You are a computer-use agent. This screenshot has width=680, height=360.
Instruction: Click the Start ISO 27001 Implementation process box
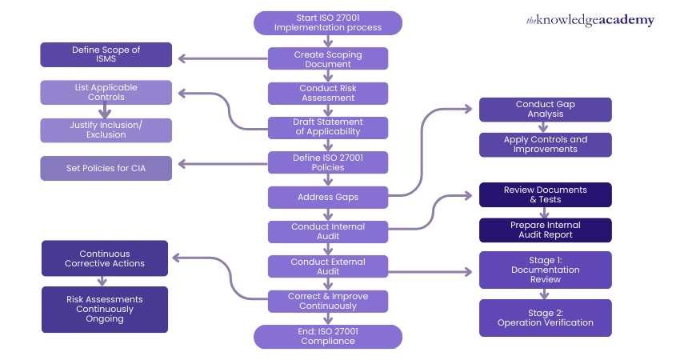click(x=328, y=22)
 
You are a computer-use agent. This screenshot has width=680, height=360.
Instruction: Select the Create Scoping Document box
click(x=328, y=58)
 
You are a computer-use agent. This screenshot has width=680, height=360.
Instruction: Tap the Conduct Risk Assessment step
click(x=328, y=93)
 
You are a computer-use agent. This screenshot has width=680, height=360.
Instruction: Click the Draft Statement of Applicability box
click(x=328, y=127)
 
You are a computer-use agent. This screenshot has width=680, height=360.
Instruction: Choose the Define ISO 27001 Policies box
click(x=328, y=162)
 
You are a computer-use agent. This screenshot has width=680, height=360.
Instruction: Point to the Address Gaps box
click(x=328, y=197)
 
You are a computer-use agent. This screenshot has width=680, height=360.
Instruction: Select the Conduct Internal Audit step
click(x=328, y=231)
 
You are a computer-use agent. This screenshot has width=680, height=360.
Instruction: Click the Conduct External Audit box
click(x=328, y=266)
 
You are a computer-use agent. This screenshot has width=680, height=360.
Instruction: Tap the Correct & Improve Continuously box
click(x=328, y=301)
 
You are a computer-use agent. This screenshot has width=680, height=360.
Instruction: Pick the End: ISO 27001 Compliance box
click(x=328, y=337)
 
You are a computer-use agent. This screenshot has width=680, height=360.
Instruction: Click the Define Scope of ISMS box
click(x=106, y=54)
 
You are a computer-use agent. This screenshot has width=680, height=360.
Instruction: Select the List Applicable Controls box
click(x=106, y=92)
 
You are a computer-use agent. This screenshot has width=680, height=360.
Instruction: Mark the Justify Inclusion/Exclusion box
click(x=106, y=130)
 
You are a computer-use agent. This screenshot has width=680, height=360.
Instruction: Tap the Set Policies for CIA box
click(x=106, y=168)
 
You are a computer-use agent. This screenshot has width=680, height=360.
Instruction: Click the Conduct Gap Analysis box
click(x=546, y=110)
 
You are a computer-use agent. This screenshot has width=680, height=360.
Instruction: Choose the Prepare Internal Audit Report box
click(x=546, y=230)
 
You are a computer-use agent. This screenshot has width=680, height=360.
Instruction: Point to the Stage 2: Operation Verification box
click(x=546, y=318)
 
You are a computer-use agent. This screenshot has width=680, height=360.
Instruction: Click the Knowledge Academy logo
click(x=590, y=21)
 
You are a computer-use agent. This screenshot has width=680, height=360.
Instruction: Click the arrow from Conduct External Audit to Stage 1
click(x=432, y=272)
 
